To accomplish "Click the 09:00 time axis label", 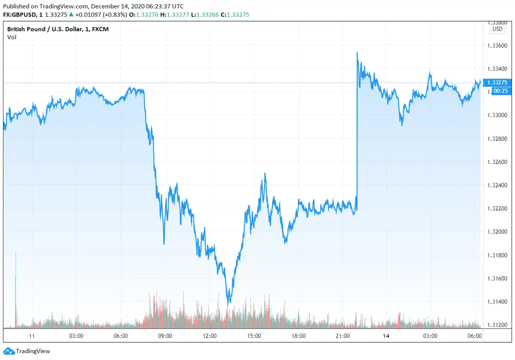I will (165, 336).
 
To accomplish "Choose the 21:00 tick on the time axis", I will (343, 336).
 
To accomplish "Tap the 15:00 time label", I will (254, 336).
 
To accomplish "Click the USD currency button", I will (497, 29).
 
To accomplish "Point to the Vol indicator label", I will (12, 37).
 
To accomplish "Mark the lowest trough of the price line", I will (229, 303).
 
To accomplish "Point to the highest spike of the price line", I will (357, 53).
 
